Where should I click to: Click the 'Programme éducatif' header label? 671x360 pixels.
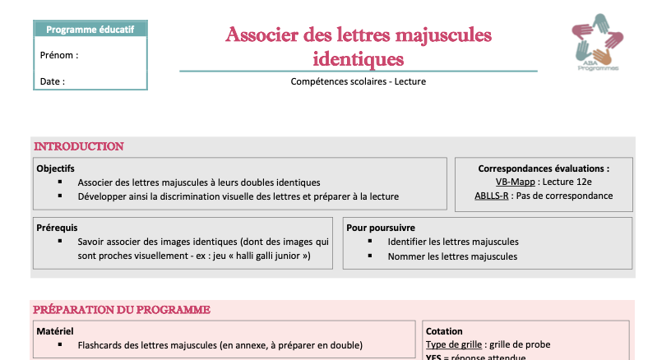tap(90, 30)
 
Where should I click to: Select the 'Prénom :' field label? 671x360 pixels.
tap(58, 56)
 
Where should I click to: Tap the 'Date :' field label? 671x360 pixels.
tap(52, 81)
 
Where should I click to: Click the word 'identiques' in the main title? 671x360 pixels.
tap(359, 58)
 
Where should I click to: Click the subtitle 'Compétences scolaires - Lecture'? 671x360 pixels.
tap(358, 81)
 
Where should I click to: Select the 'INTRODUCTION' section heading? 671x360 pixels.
tap(78, 146)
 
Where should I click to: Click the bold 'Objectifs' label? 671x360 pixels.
tap(56, 168)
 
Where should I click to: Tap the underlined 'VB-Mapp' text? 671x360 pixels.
tap(515, 182)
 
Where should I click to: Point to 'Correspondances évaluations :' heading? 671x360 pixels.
tap(544, 168)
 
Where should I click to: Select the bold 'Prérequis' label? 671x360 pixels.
tap(57, 227)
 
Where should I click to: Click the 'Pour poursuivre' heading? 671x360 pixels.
tap(381, 227)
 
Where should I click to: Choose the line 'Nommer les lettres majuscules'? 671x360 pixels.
tap(452, 256)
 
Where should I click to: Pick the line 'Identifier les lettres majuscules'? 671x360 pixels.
tap(452, 242)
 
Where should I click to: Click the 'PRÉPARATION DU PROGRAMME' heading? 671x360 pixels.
tap(121, 310)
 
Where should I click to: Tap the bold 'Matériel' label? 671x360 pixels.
tap(55, 331)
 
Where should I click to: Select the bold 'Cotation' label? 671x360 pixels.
tap(444, 331)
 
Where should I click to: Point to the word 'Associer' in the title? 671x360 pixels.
tap(260, 35)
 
